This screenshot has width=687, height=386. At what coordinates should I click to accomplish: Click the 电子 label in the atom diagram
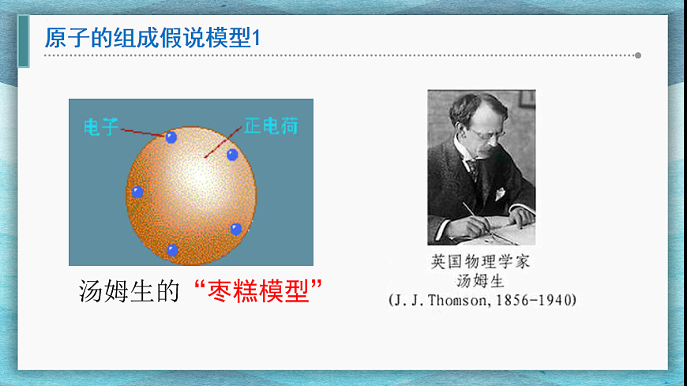click(101, 126)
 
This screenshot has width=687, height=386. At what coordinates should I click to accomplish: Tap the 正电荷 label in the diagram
click(270, 126)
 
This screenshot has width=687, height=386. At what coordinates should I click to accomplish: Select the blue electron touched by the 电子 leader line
click(171, 137)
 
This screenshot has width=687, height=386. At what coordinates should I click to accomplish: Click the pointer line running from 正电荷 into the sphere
click(225, 141)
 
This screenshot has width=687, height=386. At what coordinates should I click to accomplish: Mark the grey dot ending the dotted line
click(638, 55)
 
